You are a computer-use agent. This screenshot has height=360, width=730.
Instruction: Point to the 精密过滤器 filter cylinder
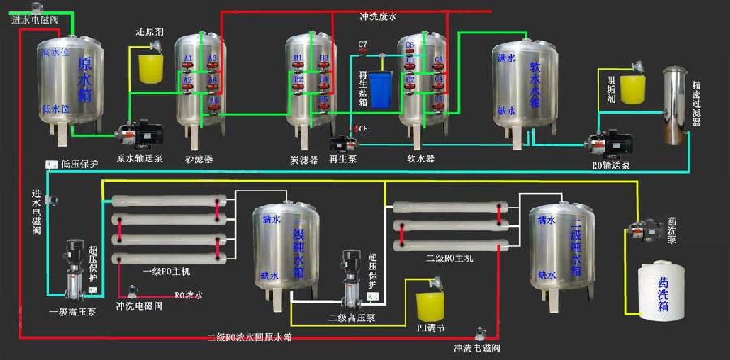tap(671, 105)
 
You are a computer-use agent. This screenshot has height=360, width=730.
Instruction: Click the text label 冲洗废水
tap(379, 17)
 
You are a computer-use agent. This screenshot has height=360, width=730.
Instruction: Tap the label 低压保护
tap(79, 164)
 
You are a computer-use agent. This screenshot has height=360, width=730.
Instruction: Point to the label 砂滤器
tap(199, 158)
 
